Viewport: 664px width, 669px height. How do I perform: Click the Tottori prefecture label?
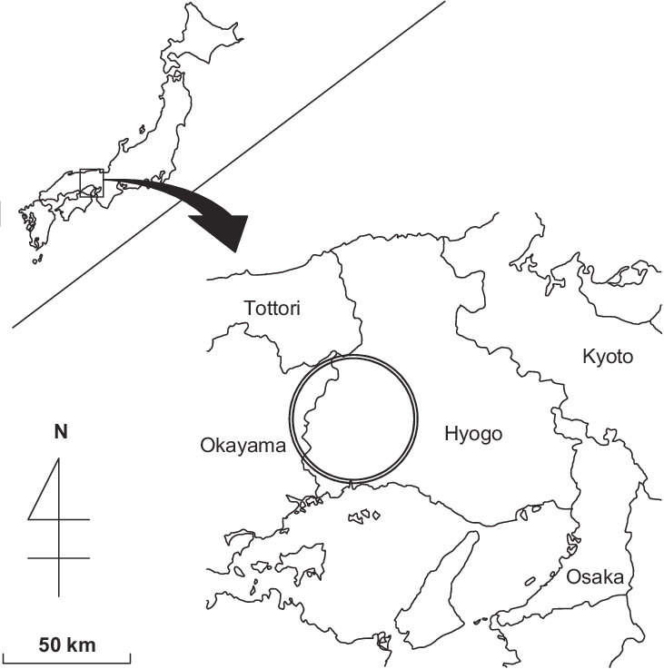pyautogui.click(x=273, y=310)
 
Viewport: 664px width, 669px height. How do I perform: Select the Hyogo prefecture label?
pyautogui.click(x=473, y=435)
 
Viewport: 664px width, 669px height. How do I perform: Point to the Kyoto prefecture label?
pyautogui.click(x=607, y=356)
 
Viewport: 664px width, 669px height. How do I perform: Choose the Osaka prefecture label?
pyautogui.click(x=594, y=577)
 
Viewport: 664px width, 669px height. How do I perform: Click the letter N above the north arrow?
pyautogui.click(x=60, y=433)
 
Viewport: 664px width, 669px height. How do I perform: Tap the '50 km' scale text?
pyautogui.click(x=67, y=646)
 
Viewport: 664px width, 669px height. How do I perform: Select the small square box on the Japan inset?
pyautogui.click(x=92, y=182)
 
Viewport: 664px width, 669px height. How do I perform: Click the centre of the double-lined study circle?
pyautogui.click(x=354, y=418)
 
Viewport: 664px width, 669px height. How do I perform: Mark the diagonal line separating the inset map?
pyautogui.click(x=227, y=163)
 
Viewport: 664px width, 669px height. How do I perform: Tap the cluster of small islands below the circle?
pyautogui.click(x=365, y=515)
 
